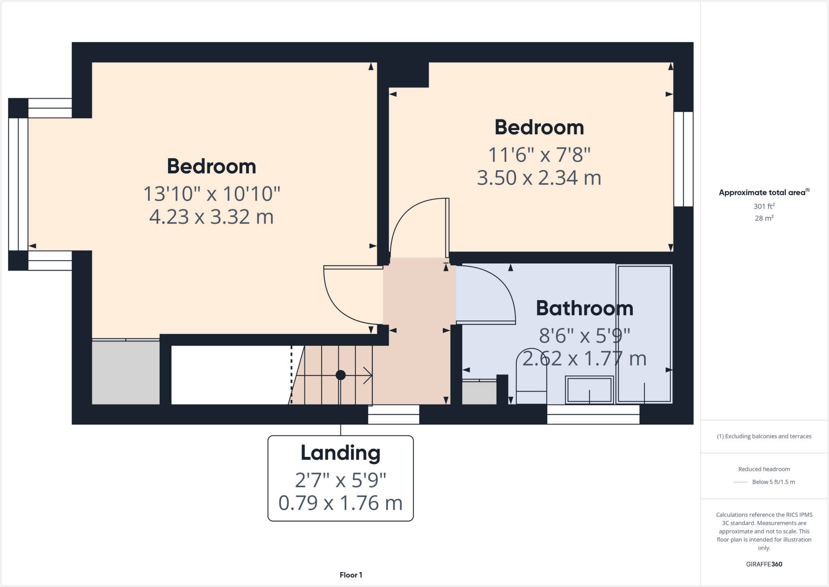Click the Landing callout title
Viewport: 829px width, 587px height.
tap(340, 453)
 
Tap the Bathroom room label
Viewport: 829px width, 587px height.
tap(584, 308)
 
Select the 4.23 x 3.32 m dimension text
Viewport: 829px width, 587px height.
tap(211, 217)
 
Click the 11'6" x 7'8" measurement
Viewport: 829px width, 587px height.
tap(539, 155)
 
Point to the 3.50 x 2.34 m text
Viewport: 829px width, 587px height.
tap(539, 178)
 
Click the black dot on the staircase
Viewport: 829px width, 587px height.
tap(340, 375)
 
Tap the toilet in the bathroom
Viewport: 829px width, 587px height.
tap(531, 377)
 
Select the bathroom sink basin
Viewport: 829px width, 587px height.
tap(589, 390)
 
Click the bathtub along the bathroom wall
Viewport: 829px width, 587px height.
tap(644, 334)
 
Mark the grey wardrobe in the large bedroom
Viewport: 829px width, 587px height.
tap(125, 372)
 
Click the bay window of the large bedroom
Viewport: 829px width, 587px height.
tap(18, 184)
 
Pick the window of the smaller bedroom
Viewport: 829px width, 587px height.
tap(683, 159)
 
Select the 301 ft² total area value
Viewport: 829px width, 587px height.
tap(764, 206)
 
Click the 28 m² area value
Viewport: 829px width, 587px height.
tap(764, 218)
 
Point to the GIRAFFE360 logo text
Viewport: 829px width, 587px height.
tap(764, 564)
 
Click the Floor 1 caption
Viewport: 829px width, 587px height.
tap(351, 575)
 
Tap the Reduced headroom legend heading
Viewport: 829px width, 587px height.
tap(764, 469)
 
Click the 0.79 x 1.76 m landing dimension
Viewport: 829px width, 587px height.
tap(340, 503)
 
